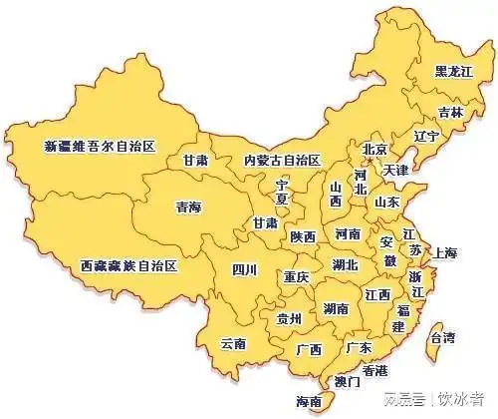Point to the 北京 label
click(x=373, y=151)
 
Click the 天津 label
click(x=395, y=171)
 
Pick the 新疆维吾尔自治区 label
click(x=101, y=146)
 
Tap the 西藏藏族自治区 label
click(x=127, y=266)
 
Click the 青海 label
click(x=188, y=208)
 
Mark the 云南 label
click(x=233, y=343)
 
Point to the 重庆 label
click(x=296, y=275)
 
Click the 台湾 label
click(x=441, y=337)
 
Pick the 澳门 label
click(x=347, y=381)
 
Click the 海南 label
click(x=309, y=402)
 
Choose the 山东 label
click(x=386, y=202)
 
